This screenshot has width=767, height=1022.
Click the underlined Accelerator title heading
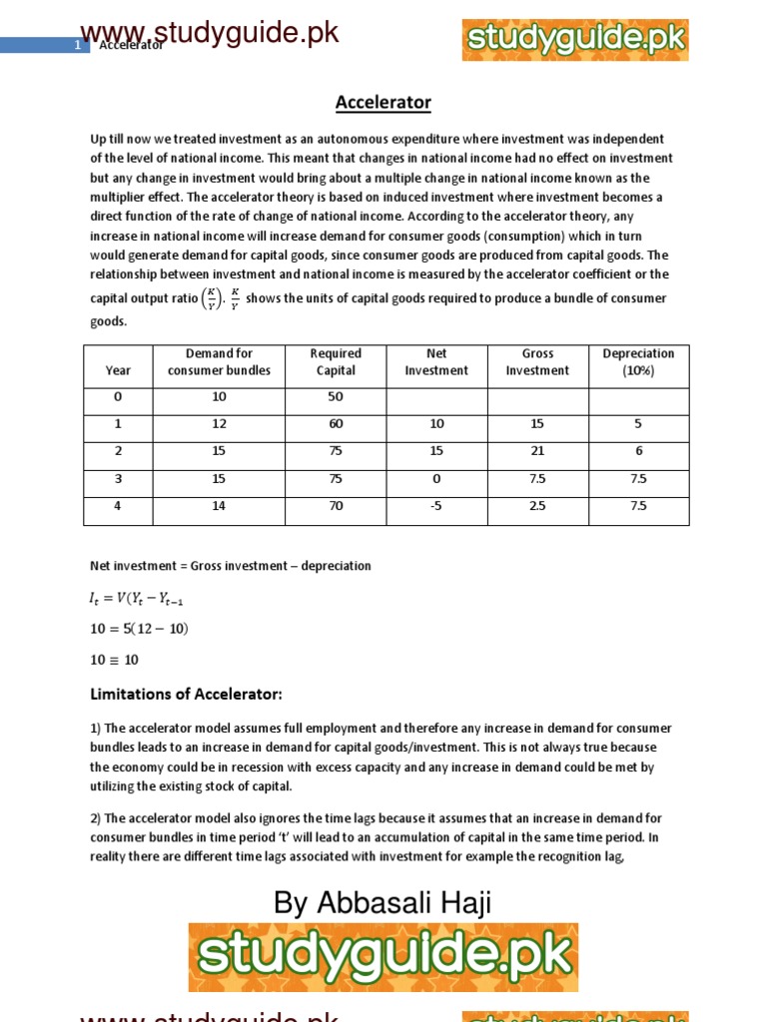pos(383,103)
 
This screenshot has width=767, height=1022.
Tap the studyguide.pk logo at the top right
pos(575,40)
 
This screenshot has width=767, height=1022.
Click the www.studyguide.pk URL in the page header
pos(210,33)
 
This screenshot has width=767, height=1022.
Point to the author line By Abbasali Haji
pos(383,903)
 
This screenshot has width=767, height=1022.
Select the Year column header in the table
pos(118,370)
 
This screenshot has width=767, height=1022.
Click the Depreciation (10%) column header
pos(638,362)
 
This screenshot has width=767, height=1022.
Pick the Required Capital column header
pos(336,362)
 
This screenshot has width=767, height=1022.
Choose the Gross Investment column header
pos(537,362)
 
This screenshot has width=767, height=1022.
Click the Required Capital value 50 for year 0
pos(336,397)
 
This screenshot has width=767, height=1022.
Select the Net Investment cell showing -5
pos(435,506)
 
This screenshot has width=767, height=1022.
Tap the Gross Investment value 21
pos(537,451)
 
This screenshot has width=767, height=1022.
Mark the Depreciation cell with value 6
pos(638,451)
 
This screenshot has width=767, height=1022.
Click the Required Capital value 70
pos(336,506)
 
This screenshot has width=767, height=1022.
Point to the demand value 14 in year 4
pos(219,506)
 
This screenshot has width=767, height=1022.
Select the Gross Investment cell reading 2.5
pos(537,506)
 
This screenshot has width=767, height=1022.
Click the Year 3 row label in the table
pos(118,478)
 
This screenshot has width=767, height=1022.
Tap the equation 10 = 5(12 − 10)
pos(139,629)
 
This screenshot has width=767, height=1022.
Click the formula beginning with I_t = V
pos(137,599)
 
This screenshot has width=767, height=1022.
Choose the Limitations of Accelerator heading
pos(187,694)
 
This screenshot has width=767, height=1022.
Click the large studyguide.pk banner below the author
pos(383,956)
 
